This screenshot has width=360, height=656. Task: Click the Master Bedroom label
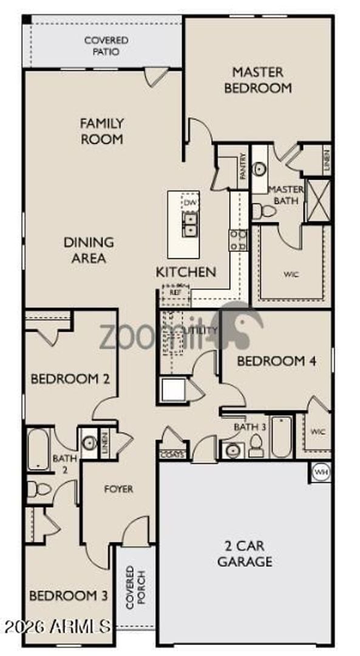coord(258,80)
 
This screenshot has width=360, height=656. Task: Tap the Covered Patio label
coord(106,46)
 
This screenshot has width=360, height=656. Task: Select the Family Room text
coord(101,131)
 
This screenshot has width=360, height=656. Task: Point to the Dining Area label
coord(89,250)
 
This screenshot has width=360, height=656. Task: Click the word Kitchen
coord(186,272)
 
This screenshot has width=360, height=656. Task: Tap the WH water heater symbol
coord(320,471)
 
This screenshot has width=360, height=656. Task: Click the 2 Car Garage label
coord(245,553)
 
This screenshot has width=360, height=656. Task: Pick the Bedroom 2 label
coord(70,379)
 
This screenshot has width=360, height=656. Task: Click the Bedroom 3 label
coord(68,595)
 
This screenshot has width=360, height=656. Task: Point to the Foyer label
coord(118,488)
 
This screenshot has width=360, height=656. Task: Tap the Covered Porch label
coord(130,587)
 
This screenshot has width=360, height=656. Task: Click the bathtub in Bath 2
coord(38,449)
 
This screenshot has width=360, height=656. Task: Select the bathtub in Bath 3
coord(282,436)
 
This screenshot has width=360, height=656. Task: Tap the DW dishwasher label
coord(191,202)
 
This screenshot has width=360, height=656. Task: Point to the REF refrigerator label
coord(175,292)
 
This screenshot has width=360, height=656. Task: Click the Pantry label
coord(242,165)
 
